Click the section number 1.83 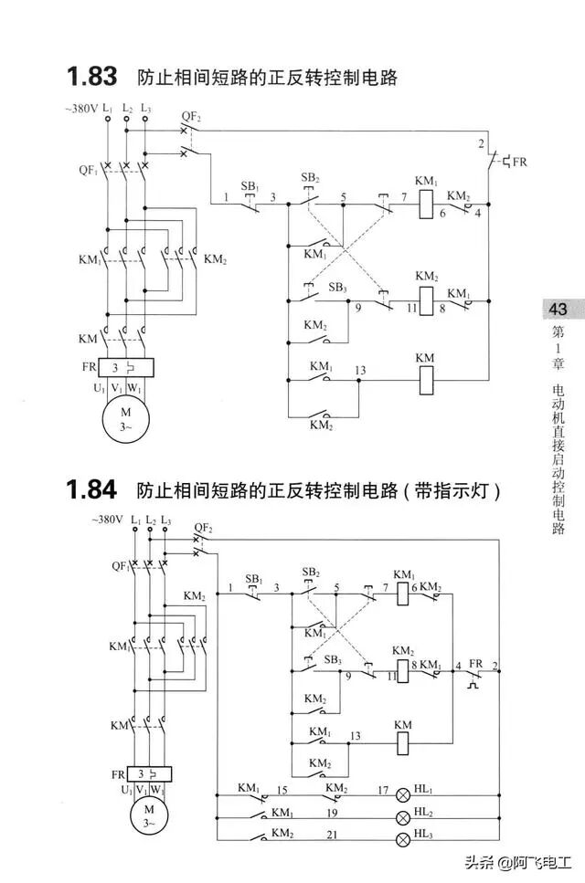coord(90,76)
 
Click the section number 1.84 coord(90,490)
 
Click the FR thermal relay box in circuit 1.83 coord(125,367)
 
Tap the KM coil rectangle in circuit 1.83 coord(425,379)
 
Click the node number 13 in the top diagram coord(360,370)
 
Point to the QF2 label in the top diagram coord(191,115)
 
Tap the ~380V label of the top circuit coord(80,108)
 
